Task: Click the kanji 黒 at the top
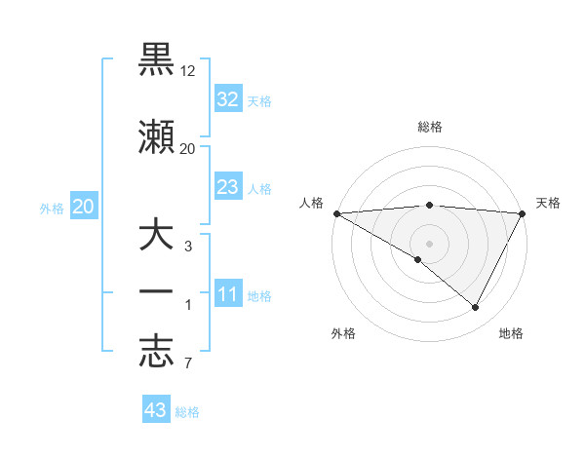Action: click(157, 60)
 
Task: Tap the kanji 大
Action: click(157, 237)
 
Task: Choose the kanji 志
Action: click(157, 354)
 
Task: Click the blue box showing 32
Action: click(228, 99)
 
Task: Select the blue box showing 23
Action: click(228, 187)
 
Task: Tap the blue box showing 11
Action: click(228, 295)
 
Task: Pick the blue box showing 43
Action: click(156, 410)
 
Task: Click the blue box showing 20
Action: click(83, 207)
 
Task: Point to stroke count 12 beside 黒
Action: click(188, 72)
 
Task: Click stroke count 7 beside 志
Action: click(188, 364)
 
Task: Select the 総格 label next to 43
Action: click(187, 412)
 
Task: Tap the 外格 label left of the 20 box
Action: click(52, 208)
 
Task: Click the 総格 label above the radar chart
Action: click(429, 127)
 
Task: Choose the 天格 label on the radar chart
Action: click(548, 203)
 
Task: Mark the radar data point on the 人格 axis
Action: click(336, 213)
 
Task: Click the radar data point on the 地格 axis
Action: click(476, 308)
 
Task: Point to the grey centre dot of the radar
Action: click(429, 243)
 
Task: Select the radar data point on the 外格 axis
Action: click(418, 259)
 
